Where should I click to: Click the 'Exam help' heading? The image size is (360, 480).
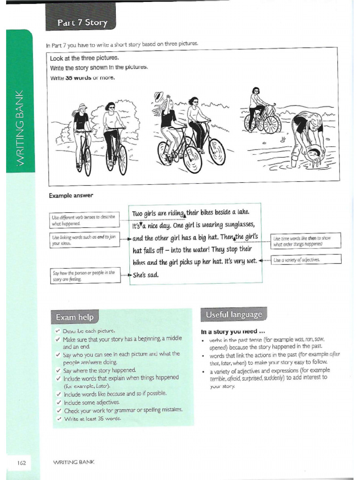click(x=74, y=317)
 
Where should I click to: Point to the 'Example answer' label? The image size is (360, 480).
click(x=71, y=195)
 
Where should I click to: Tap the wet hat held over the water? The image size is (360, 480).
click(x=316, y=152)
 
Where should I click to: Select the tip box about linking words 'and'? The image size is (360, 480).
click(x=84, y=240)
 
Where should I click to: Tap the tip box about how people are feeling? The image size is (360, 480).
click(x=84, y=276)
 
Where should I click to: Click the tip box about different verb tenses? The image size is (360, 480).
click(x=84, y=221)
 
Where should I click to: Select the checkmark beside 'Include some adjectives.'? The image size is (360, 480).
click(x=57, y=402)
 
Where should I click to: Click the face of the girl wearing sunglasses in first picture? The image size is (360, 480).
click(x=111, y=107)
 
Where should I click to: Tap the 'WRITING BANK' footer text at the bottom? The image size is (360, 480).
click(x=75, y=462)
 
